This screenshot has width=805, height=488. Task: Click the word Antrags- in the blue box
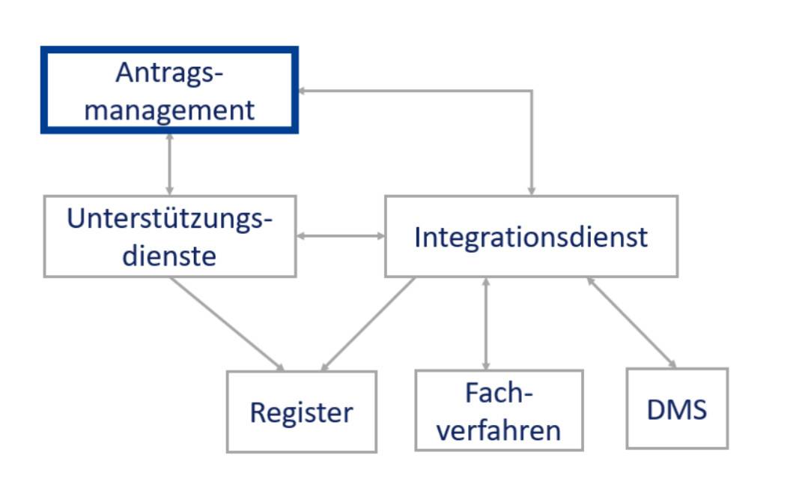(169, 73)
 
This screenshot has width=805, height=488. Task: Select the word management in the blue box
(169, 110)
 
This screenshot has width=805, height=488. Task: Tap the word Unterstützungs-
(169, 219)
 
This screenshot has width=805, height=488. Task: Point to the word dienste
(169, 256)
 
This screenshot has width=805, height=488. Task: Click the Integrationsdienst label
(531, 238)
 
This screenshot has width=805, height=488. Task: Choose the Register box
(302, 412)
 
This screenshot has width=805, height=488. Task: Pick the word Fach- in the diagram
(499, 393)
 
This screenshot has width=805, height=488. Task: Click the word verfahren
(499, 430)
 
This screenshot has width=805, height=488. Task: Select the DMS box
(677, 409)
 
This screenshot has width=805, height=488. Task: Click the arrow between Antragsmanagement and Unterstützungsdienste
(169, 164)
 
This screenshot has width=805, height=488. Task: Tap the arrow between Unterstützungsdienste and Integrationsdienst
(341, 236)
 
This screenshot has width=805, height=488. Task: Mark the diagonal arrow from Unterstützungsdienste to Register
(227, 324)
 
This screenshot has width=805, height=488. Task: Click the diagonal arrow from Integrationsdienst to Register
(368, 324)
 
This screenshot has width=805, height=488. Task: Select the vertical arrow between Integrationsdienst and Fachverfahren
(486, 324)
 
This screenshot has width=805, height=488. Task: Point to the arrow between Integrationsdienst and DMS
(632, 322)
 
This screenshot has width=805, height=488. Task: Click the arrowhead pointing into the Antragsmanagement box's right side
(302, 91)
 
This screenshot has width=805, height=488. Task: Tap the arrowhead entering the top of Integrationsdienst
(532, 192)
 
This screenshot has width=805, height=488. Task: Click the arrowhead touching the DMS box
(672, 364)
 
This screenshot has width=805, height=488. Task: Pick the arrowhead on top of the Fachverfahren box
(486, 367)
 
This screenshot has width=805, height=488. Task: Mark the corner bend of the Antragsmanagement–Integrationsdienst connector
(532, 91)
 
